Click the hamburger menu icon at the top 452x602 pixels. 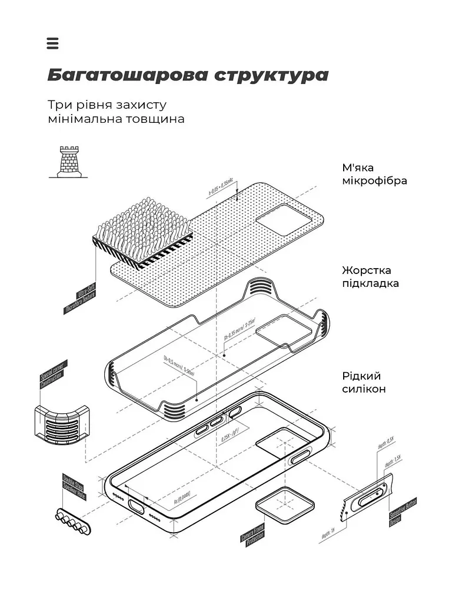click(x=52, y=44)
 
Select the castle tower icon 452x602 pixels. click(x=65, y=162)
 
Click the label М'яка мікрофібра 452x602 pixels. click(x=374, y=174)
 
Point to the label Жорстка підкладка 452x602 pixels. click(x=370, y=277)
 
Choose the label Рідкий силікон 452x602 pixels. click(x=364, y=382)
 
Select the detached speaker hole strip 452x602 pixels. click(x=72, y=521)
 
